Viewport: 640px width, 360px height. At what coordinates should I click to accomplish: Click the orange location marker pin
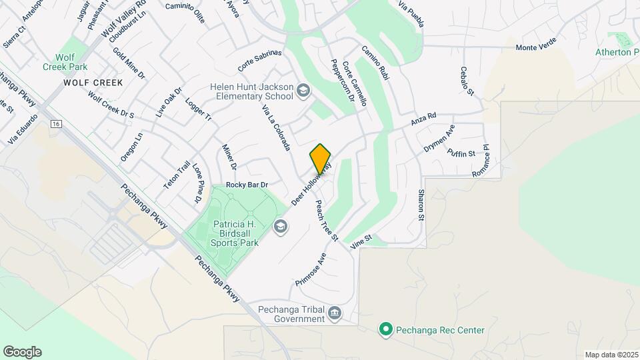point(321,159)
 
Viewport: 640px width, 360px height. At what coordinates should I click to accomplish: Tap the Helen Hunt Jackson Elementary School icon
point(303,90)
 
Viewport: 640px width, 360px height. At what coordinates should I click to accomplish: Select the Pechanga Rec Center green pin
point(385,329)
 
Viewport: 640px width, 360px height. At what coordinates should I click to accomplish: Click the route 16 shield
point(56,124)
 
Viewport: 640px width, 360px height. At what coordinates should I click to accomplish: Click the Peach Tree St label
point(327,221)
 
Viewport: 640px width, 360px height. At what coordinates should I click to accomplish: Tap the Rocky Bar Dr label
point(247,185)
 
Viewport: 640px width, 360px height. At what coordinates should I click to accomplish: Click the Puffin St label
point(461,153)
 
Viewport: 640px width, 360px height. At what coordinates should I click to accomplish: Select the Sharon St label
point(421,205)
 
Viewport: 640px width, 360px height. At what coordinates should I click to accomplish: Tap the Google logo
point(22,352)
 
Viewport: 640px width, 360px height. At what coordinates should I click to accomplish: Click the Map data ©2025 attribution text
point(611,355)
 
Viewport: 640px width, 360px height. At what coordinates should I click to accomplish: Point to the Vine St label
point(361,241)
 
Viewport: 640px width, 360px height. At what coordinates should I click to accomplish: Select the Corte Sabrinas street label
point(260,61)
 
